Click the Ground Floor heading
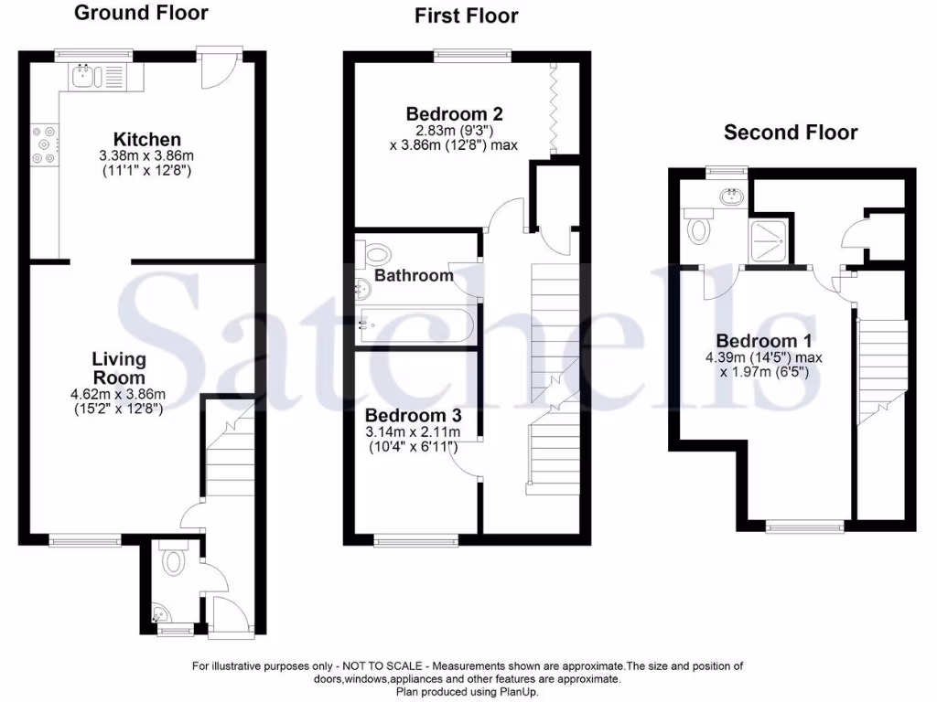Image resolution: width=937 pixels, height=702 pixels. pos(141,13)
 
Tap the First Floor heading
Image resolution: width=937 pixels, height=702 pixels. pos(466,16)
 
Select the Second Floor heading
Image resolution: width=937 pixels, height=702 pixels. pos(791,133)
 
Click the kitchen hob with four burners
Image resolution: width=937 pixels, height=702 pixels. pos(44,144)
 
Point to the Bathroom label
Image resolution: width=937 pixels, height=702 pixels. pos(414,275)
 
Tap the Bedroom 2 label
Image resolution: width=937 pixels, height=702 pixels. pos(455,114)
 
